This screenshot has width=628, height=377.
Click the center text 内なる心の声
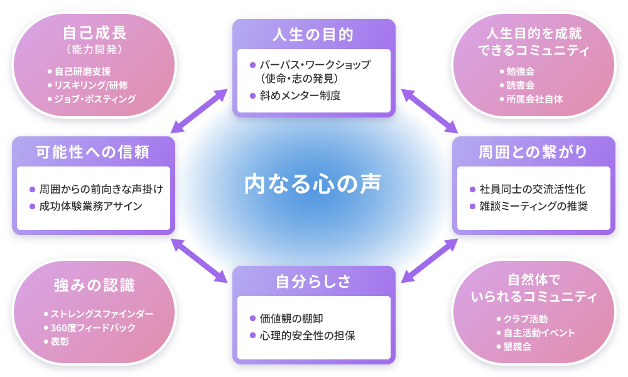click(x=313, y=184)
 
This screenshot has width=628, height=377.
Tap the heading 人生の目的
click(x=313, y=35)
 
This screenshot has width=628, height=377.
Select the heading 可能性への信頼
click(x=93, y=152)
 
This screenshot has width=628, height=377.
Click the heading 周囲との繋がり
click(x=533, y=152)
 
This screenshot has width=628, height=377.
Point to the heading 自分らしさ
click(x=313, y=281)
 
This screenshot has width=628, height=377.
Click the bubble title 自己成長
click(x=95, y=33)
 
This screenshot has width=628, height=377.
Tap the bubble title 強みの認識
click(x=95, y=285)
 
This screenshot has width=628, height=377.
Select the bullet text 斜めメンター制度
click(x=300, y=96)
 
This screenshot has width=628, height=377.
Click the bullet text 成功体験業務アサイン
click(x=91, y=206)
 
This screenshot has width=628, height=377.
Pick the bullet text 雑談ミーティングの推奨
click(x=534, y=206)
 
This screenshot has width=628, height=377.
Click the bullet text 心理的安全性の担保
click(x=308, y=336)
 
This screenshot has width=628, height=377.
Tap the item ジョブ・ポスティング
click(x=95, y=99)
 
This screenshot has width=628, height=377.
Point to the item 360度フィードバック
click(x=93, y=328)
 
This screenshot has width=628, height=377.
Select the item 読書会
click(x=520, y=85)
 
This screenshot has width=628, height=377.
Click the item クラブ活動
click(x=526, y=319)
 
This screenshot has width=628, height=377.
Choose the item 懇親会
click(x=517, y=347)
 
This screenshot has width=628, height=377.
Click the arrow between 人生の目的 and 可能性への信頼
click(x=199, y=111)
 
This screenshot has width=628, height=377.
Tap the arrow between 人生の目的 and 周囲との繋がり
click(x=430, y=111)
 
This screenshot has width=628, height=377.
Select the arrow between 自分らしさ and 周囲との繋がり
click(x=430, y=261)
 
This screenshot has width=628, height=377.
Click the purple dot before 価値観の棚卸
click(x=252, y=319)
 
